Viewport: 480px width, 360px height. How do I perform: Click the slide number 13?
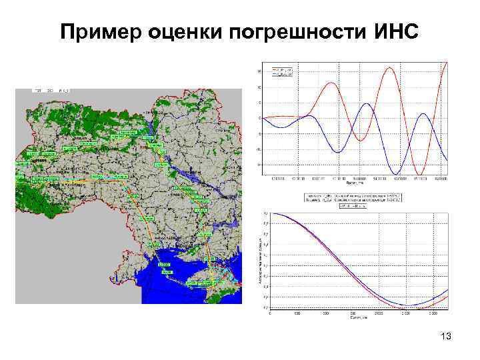[x=445, y=337]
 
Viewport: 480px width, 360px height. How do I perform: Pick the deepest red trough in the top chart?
[x=419, y=175]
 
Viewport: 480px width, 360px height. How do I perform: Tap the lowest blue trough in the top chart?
[x=398, y=173]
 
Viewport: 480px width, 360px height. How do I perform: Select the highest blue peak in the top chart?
[x=366, y=104]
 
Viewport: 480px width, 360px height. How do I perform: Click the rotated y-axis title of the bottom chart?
[x=259, y=260]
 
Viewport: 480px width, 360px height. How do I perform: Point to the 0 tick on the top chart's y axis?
[x=260, y=118]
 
